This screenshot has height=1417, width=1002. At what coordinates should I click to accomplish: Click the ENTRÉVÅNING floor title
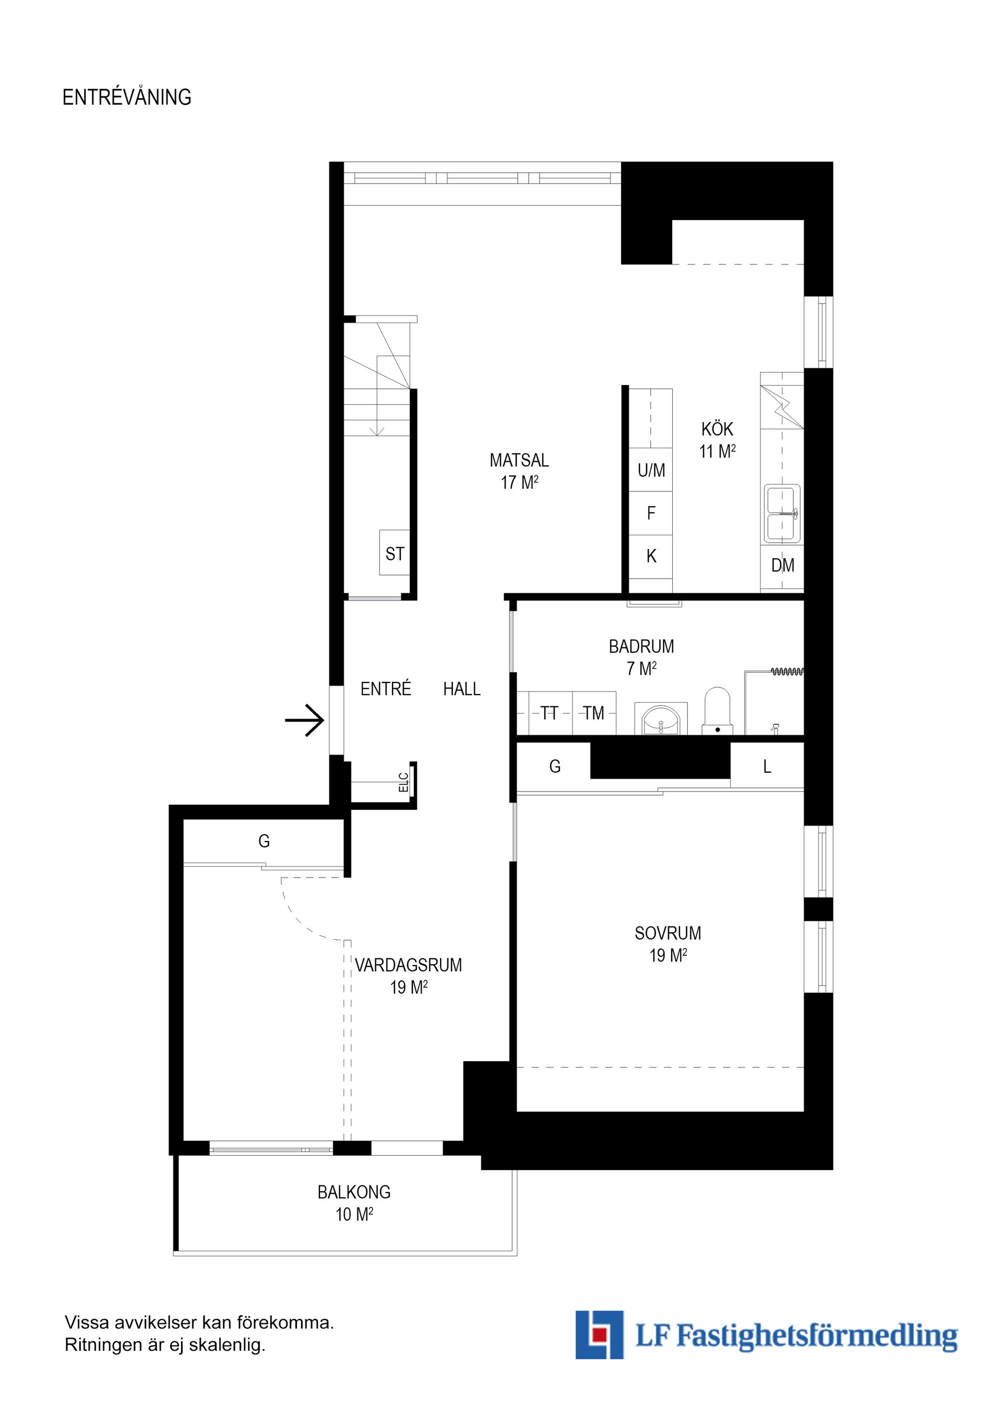point(127,97)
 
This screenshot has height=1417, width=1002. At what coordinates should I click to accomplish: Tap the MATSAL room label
point(519,460)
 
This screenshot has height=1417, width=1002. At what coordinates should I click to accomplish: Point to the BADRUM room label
point(641,646)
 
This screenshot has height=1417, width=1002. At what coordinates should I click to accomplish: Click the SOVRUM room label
point(668,933)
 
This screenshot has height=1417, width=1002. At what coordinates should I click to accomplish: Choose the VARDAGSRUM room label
point(408,965)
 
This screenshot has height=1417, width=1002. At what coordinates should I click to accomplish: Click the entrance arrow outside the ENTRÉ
point(304,720)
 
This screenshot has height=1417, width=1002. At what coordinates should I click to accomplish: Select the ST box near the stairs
point(395,553)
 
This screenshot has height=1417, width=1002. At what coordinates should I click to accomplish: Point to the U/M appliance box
point(651,470)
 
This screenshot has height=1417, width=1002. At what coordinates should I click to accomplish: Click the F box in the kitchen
point(651,513)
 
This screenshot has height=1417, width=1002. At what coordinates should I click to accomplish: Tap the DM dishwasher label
point(783,565)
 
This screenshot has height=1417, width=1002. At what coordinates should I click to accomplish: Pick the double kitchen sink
point(783,513)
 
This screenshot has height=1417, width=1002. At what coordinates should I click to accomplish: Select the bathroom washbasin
point(661,718)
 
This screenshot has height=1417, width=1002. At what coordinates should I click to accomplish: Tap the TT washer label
point(549,713)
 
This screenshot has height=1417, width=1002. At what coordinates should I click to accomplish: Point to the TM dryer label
point(594,713)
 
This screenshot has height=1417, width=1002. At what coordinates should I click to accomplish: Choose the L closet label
point(767,766)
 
